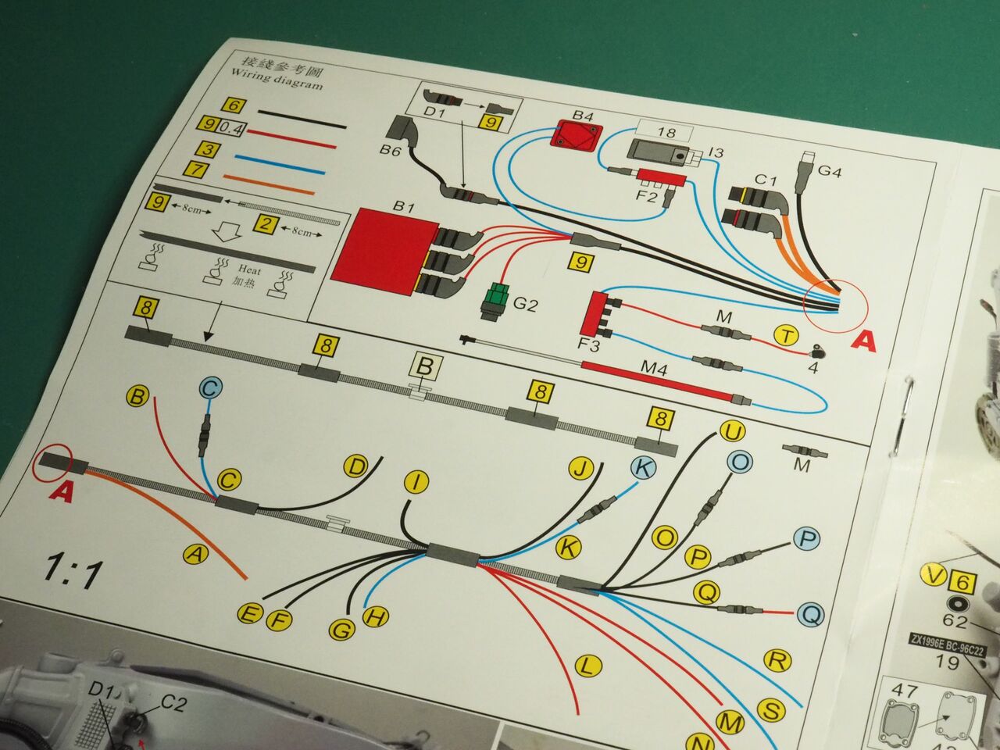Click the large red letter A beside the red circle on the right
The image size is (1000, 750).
click(x=863, y=341)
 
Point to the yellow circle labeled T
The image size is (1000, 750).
click(x=786, y=337)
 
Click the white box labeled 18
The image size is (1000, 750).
click(x=666, y=131)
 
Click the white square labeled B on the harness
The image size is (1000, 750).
click(x=425, y=366)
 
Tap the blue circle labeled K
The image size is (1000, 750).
click(x=642, y=468)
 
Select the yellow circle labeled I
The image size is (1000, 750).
click(x=417, y=482)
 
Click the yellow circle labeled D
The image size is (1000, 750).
click(x=355, y=467)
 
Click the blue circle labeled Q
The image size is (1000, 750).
click(x=810, y=615)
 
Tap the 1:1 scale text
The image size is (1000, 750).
click(x=73, y=572)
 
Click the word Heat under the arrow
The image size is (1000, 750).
click(x=249, y=270)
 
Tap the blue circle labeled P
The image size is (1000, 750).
click(x=807, y=539)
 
